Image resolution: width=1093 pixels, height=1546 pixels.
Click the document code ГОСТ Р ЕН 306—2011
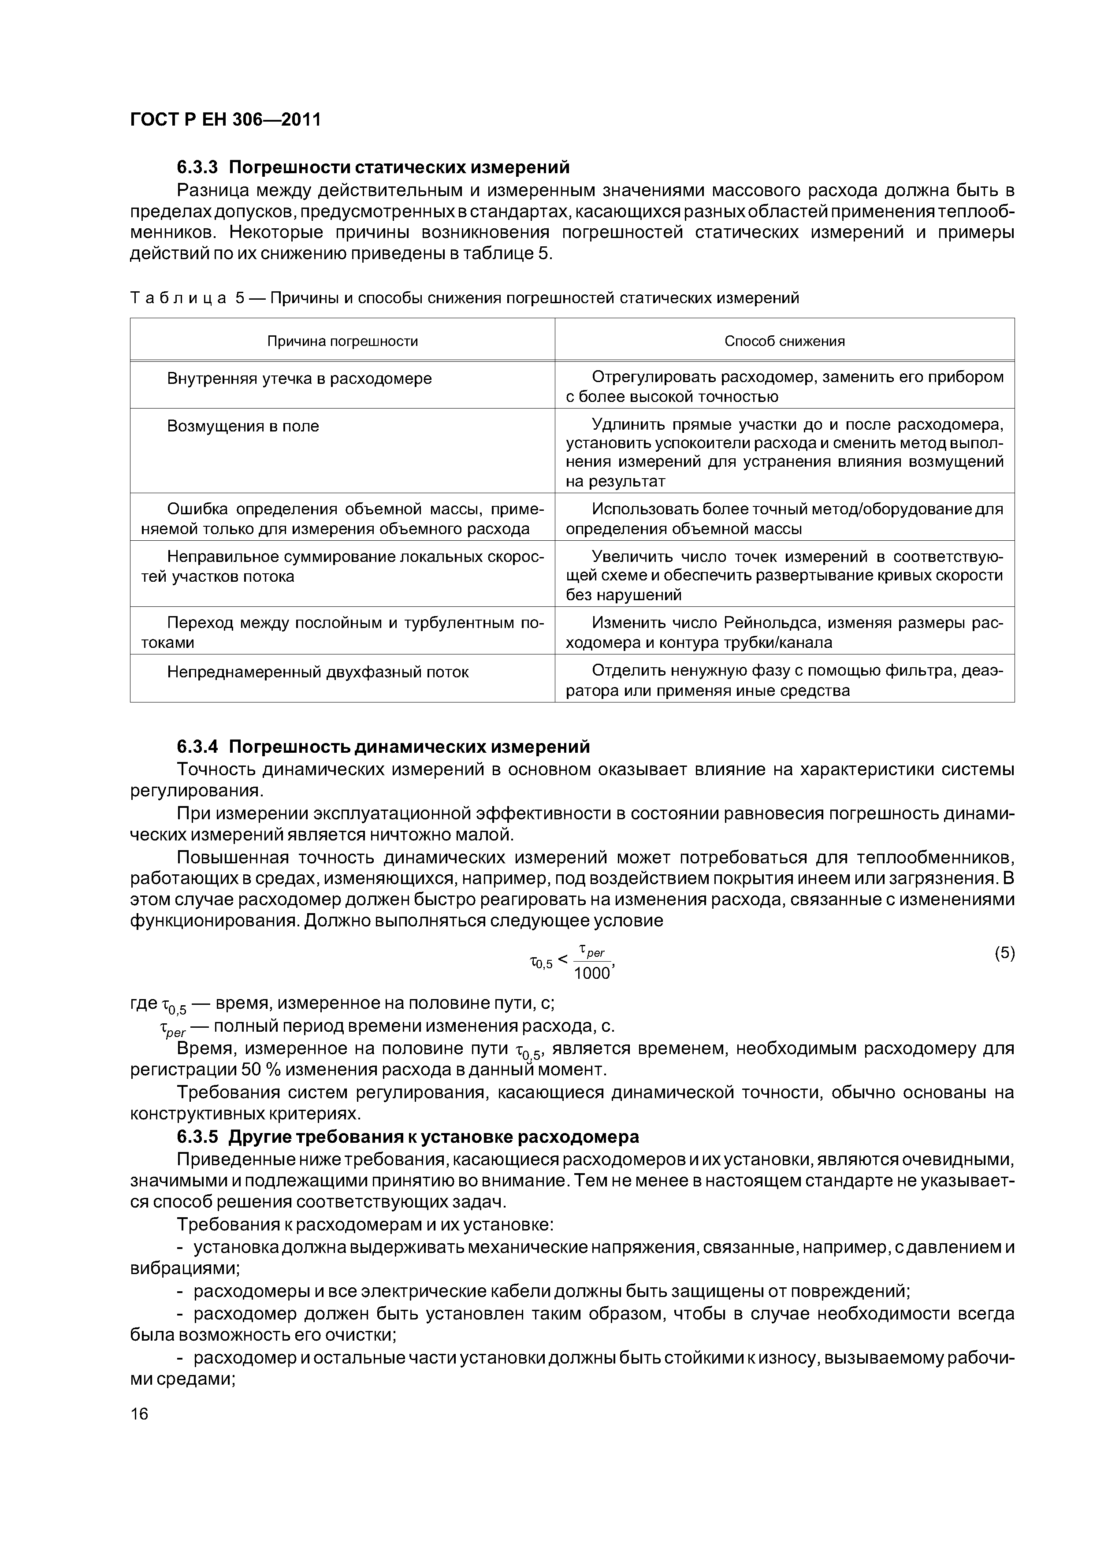(x=225, y=120)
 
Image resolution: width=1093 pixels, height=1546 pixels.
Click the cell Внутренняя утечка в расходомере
(x=299, y=379)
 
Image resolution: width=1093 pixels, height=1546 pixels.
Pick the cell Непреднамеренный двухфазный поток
(x=317, y=672)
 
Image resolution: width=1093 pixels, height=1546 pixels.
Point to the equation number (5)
(x=1004, y=953)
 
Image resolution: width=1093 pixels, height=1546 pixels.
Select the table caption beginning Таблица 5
(x=464, y=297)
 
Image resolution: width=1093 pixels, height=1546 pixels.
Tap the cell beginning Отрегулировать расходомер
(x=784, y=386)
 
